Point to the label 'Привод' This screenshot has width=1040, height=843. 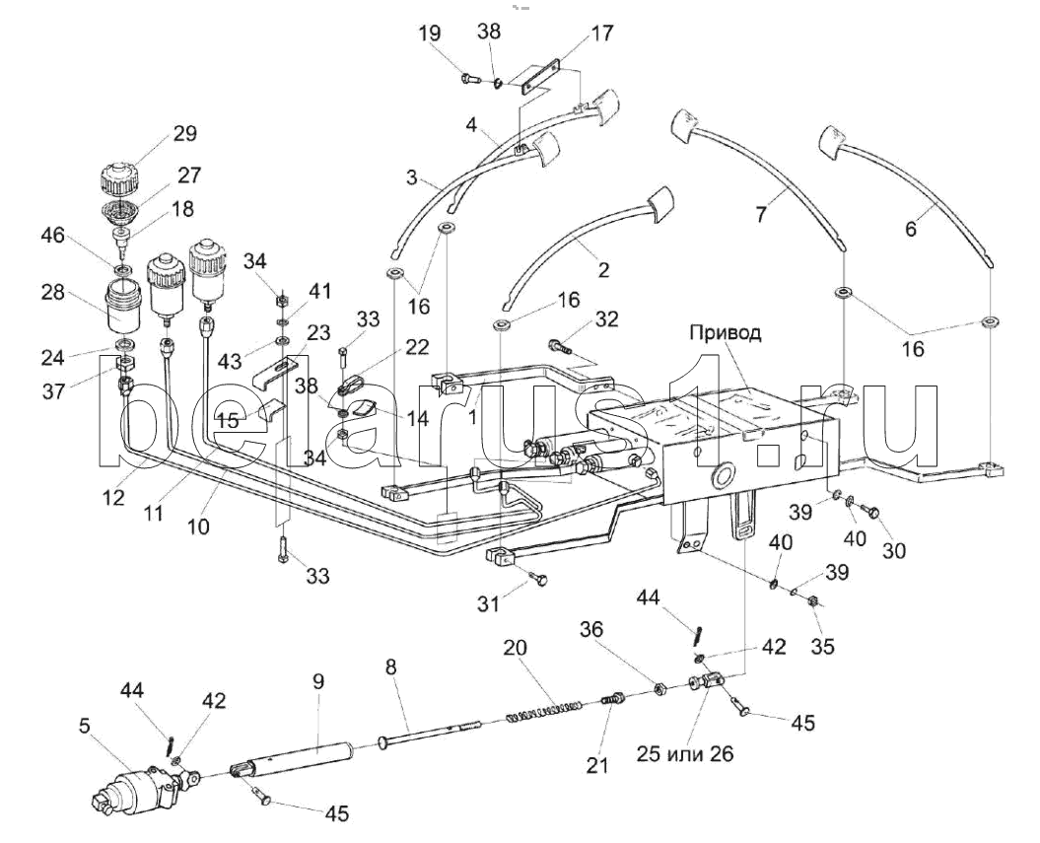click(x=725, y=332)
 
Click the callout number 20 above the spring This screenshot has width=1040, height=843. click(x=516, y=648)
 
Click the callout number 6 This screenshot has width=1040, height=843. click(x=911, y=229)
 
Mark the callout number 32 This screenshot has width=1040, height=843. click(x=607, y=318)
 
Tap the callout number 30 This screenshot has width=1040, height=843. click(x=893, y=551)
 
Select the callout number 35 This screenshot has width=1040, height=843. click(x=822, y=647)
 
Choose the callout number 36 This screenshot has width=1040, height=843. click(x=590, y=629)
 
